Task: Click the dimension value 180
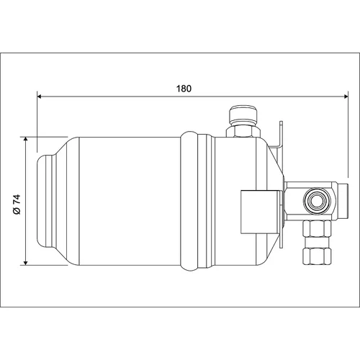[x=184, y=89]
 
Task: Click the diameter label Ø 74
[x=17, y=204]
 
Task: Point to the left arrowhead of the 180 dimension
[x=40, y=96]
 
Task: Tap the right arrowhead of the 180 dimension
[x=346, y=96]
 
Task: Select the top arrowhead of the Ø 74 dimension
[x=26, y=140]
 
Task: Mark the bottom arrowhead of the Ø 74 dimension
[x=26, y=263]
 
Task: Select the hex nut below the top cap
[x=243, y=130]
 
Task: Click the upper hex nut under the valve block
[x=318, y=229]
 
